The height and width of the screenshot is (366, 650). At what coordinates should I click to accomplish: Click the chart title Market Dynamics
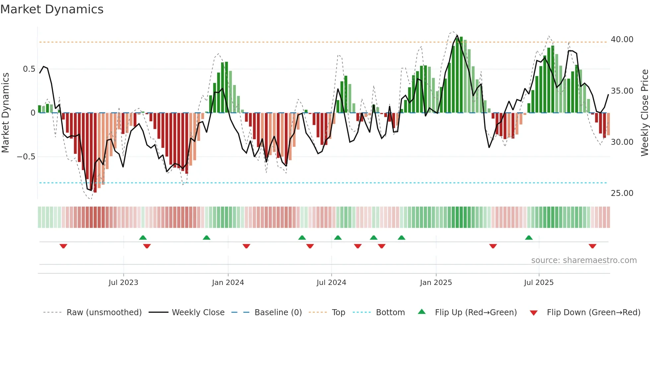[x=52, y=9]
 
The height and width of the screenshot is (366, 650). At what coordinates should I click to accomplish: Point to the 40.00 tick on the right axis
[x=622, y=40]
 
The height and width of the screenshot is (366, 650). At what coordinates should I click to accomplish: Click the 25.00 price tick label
[x=622, y=193]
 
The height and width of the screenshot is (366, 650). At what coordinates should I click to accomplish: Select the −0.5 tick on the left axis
[x=26, y=157]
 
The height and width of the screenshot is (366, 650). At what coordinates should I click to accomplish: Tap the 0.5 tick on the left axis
[x=29, y=69]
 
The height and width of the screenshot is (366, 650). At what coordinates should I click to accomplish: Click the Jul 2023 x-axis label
[x=123, y=283]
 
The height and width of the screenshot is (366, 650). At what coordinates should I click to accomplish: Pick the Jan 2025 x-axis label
[x=436, y=283]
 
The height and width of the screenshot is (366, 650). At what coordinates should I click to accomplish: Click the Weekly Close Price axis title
[x=644, y=113]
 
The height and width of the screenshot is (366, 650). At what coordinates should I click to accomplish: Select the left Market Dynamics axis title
[x=5, y=113]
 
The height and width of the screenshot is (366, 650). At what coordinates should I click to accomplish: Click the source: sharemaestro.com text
[x=584, y=260]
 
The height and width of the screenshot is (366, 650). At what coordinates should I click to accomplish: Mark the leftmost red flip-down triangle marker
[x=63, y=246]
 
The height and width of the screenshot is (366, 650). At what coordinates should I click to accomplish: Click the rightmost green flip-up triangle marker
[x=529, y=237]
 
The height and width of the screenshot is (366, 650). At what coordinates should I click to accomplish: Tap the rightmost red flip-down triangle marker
[x=592, y=246]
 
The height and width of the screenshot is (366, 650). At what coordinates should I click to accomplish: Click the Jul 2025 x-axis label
[x=539, y=283]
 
